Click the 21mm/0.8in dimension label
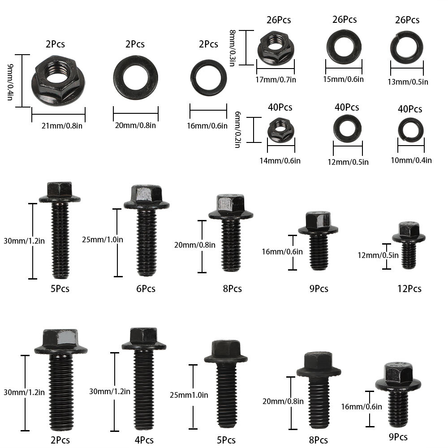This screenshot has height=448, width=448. (62, 125)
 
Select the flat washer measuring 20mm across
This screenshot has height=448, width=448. (135, 78)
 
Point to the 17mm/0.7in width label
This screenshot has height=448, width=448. (276, 79)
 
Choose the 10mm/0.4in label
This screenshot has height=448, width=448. (414, 160)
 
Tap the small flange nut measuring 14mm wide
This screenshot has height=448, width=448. (280, 129)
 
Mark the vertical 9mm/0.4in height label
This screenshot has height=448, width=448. (10, 81)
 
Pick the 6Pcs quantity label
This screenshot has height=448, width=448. (146, 289)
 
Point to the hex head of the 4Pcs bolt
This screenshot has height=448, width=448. (143, 336)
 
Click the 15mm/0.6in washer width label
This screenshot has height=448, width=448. (344, 79)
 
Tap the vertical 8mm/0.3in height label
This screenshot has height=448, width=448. (232, 47)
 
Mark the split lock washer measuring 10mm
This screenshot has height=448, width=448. (411, 129)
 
